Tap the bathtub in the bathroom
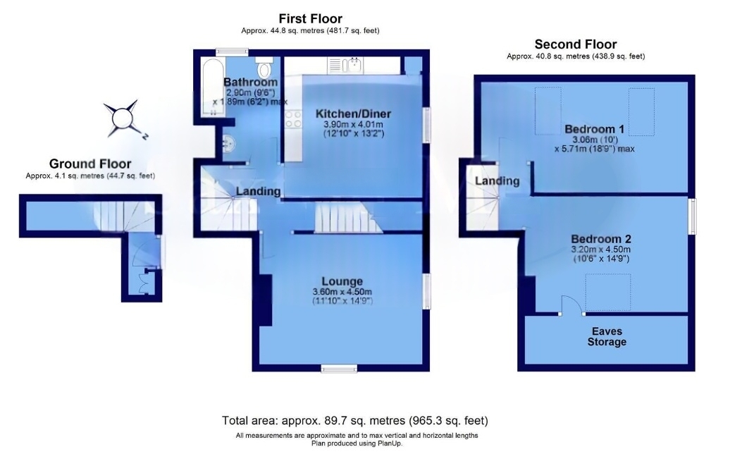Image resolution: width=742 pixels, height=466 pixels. (213, 87)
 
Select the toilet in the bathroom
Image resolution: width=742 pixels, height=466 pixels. (264, 67)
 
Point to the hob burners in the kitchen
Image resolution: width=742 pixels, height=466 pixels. (293, 119)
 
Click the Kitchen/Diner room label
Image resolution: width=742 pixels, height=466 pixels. (353, 114)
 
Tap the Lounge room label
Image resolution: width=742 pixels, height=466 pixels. (342, 281)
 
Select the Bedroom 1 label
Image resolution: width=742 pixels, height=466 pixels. (594, 129)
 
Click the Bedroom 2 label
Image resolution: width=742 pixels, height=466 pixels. (601, 239)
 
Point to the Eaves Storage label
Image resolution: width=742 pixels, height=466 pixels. (607, 337)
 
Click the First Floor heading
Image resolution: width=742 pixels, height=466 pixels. (311, 18)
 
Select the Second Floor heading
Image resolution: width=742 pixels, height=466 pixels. (576, 44)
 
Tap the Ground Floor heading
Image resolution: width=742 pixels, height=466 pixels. (90, 164)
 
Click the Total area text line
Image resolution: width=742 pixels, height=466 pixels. (355, 420)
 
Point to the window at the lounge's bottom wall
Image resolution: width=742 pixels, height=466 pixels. (339, 369)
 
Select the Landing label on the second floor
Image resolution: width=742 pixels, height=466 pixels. (497, 181)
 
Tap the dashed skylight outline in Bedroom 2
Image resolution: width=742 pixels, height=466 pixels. (608, 292)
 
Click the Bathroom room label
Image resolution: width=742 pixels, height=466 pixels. (250, 82)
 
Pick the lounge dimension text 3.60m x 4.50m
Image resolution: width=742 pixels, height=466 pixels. (342, 292)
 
